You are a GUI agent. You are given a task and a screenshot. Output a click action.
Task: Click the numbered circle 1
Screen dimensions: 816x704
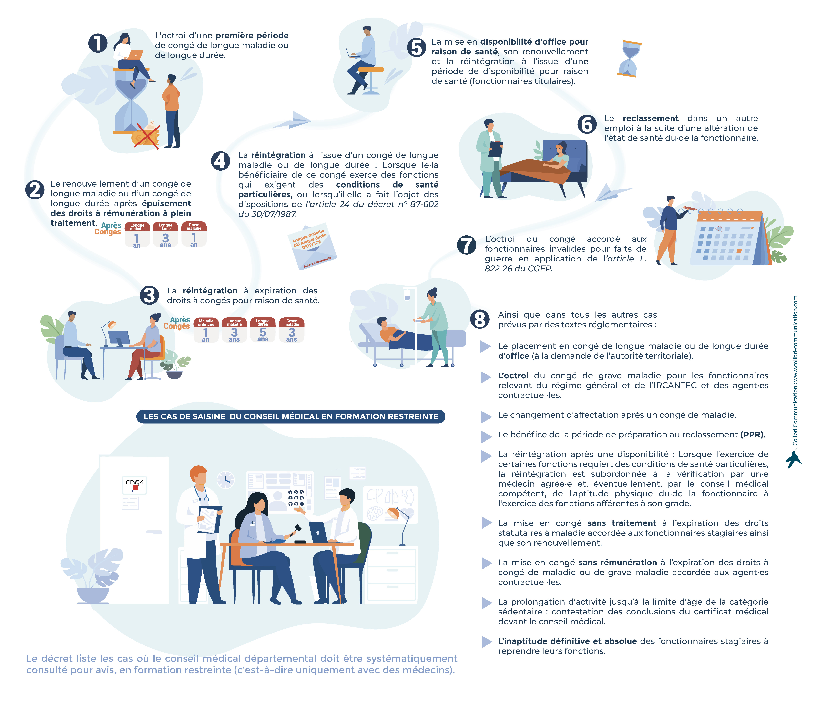click(x=98, y=43)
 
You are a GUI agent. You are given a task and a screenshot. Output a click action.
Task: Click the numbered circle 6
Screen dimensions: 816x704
click(x=587, y=124)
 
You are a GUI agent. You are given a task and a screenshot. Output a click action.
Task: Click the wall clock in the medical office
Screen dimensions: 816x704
click(x=226, y=480)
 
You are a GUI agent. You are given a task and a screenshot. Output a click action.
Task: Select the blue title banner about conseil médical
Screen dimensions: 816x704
click(x=291, y=417)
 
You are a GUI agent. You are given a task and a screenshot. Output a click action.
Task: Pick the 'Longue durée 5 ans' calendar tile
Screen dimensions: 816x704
click(x=263, y=330)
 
